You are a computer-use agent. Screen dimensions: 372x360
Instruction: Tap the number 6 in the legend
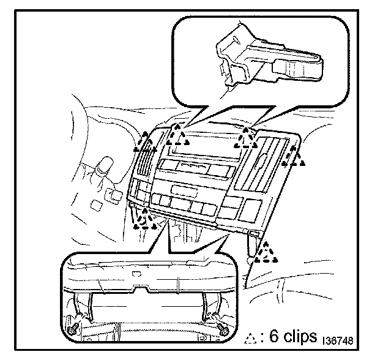(274, 336)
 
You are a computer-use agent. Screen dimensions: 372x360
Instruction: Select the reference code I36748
(338, 340)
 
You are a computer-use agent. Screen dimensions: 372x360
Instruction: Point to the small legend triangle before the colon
(250, 338)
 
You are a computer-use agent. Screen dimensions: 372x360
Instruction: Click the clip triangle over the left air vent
(145, 142)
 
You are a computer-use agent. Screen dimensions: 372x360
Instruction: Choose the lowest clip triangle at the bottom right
(266, 252)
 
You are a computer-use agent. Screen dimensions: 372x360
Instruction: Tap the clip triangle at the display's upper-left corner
(177, 135)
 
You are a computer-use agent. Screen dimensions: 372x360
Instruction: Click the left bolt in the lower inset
(72, 330)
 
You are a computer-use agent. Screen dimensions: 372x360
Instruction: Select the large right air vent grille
(261, 164)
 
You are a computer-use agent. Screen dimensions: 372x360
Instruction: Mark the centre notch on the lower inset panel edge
(141, 289)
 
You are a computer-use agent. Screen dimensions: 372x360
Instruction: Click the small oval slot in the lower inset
(137, 274)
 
